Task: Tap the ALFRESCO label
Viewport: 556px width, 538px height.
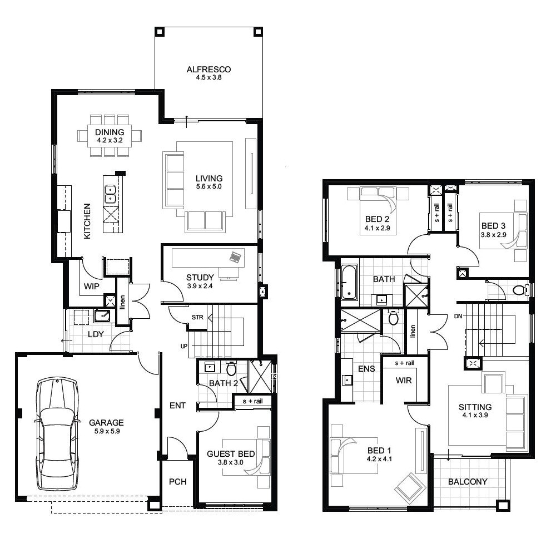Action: (209, 70)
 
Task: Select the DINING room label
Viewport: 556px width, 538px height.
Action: (109, 132)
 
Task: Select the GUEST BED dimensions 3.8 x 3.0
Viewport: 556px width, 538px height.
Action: (231, 463)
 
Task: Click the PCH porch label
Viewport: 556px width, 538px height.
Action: (177, 482)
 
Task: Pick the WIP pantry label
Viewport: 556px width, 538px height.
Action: (92, 287)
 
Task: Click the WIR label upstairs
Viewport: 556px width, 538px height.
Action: (403, 381)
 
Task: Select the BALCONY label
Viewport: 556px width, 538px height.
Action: (468, 482)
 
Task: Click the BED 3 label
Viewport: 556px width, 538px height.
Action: (493, 226)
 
